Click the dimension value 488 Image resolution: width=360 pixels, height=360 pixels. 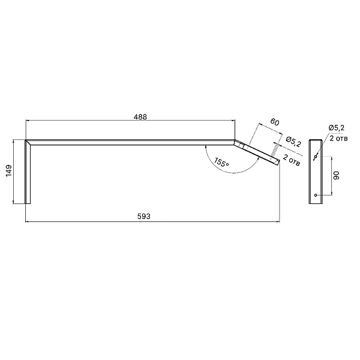[x=140, y=117]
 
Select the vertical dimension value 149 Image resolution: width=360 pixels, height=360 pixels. [x=9, y=170]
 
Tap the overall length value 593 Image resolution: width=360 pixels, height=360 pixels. [x=144, y=216]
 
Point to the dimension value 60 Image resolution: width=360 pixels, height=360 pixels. [x=275, y=122]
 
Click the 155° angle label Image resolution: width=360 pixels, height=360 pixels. [x=221, y=163]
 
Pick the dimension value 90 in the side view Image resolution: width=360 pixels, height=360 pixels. [x=337, y=175]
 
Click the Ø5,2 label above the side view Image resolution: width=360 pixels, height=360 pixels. [x=337, y=128]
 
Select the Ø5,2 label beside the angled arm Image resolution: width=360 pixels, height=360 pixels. [x=293, y=142]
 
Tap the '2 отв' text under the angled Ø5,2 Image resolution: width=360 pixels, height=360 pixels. [x=292, y=160]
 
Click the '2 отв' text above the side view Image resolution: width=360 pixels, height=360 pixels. [x=338, y=139]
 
